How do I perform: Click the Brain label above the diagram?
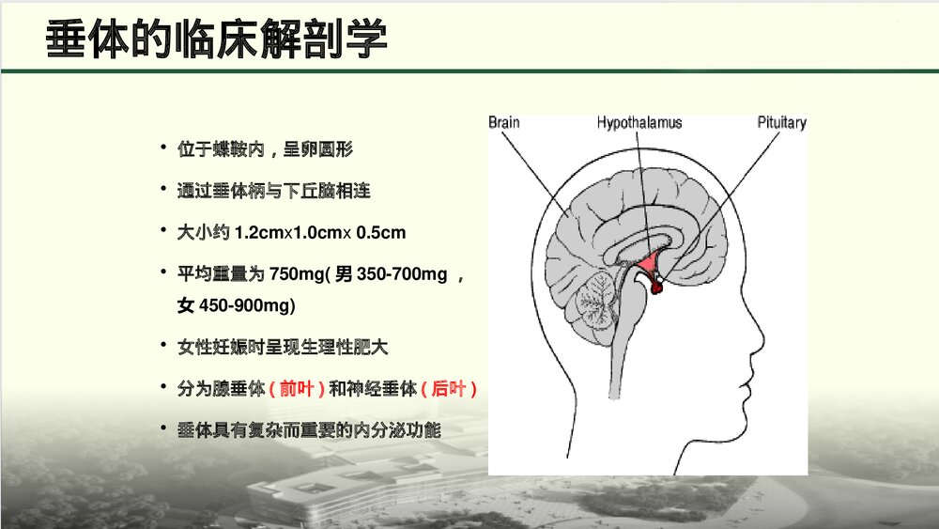coord(504,123)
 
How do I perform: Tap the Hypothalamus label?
coord(639,123)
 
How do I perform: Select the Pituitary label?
coord(781,123)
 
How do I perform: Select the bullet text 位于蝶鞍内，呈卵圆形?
coord(265,150)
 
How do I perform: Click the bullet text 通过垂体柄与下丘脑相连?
coord(273,192)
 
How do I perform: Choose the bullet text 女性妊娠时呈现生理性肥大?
coord(282,347)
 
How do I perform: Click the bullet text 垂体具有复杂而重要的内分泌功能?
coord(309,429)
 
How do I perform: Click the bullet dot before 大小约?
coord(163,230)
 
